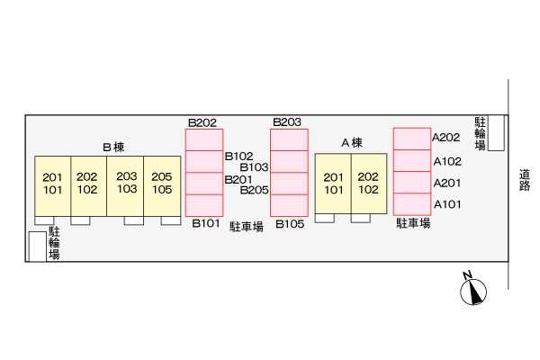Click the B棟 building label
pos(112,147)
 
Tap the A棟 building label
pos(351,143)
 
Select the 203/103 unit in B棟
pos(127,183)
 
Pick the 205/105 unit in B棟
pos(162,183)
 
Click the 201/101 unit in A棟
pos(334,183)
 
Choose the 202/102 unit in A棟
pos(369,183)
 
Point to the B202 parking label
pos(202,122)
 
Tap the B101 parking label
pos(206,224)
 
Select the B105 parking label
pos(288,224)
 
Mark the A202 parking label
pos(447,138)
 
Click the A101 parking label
pos(447,204)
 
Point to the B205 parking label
pos(255,190)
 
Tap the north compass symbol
pos(472,290)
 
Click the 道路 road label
pos(525,180)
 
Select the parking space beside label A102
pos(412,160)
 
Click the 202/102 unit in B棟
pos(87,183)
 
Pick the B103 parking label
pos(255,166)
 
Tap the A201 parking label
pos(447,183)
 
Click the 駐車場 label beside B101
pos(246,227)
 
